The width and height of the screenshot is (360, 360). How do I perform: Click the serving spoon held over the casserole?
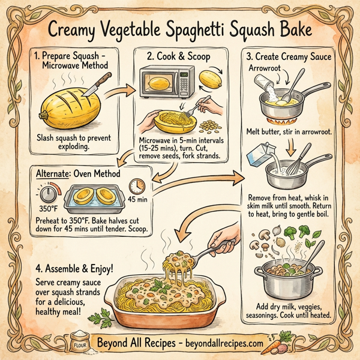221,246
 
